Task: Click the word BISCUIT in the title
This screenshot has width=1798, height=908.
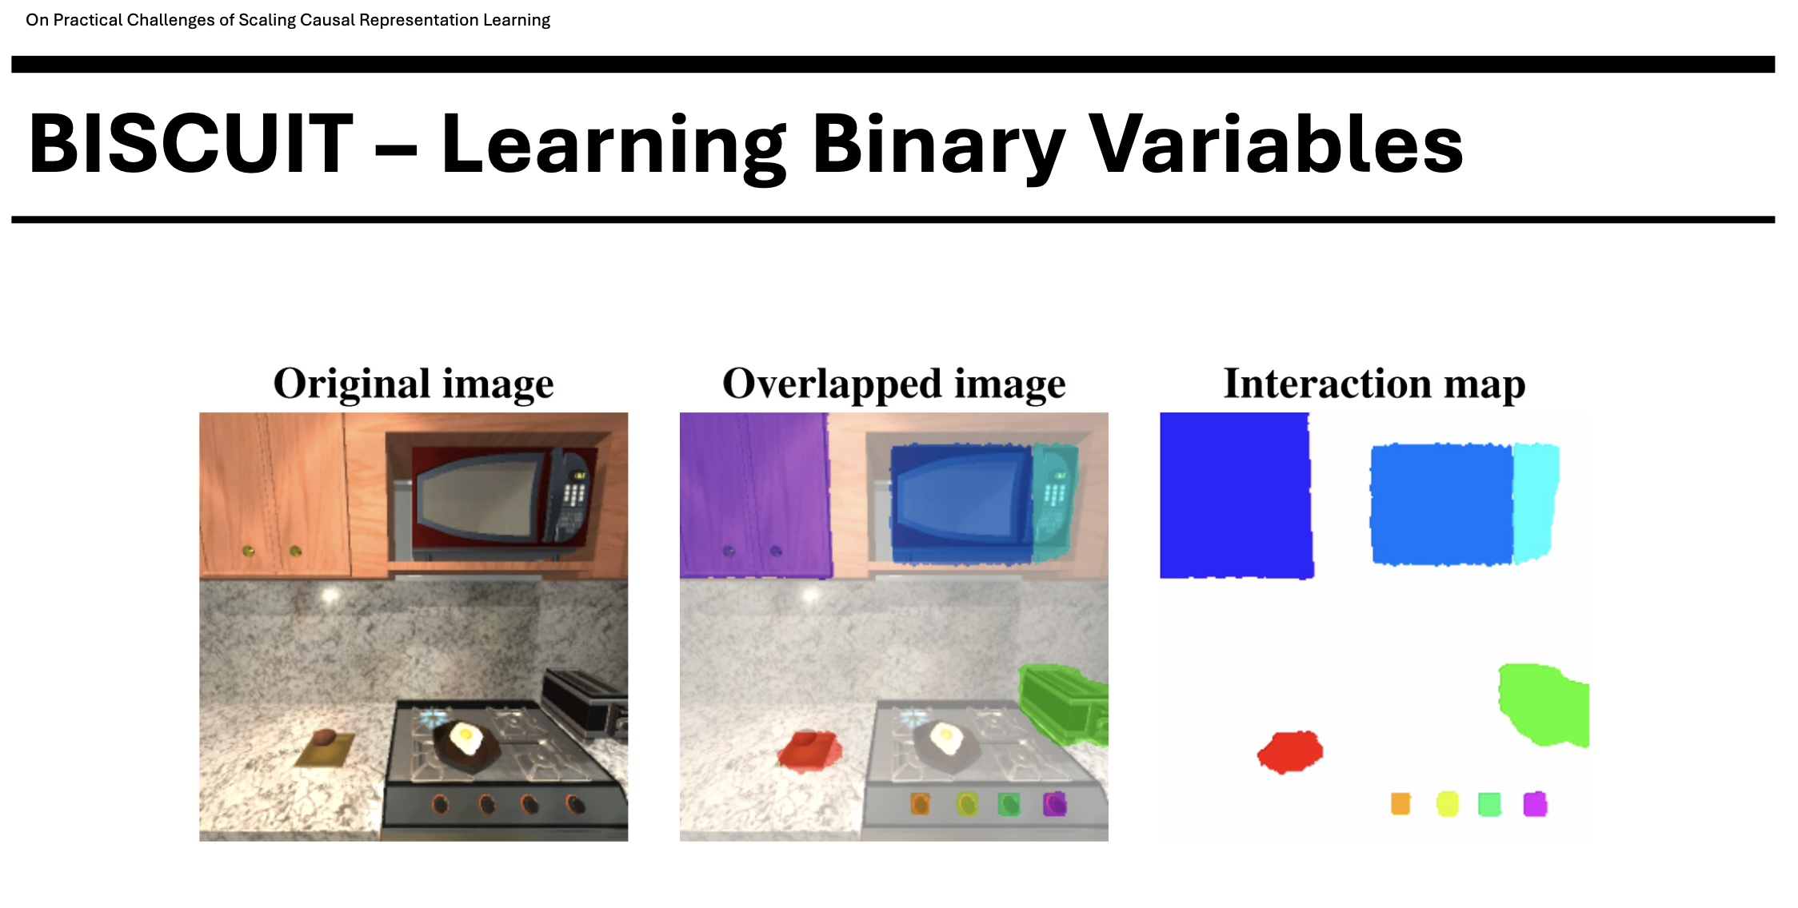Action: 191,144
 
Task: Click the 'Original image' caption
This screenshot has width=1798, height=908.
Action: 414,384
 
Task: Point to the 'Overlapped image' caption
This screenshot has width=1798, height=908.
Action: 894,384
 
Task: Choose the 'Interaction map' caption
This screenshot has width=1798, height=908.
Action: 1374,384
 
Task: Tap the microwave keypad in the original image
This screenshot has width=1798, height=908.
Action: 573,492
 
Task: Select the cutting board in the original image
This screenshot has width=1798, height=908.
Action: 323,751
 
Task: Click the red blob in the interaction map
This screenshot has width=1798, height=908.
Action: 1290,751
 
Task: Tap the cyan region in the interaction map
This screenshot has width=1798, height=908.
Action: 1535,501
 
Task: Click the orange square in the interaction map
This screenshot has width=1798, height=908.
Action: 1400,803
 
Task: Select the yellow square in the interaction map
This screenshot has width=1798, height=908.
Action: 1447,803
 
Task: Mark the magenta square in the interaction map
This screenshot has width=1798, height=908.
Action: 1535,803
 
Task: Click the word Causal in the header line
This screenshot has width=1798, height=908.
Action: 328,20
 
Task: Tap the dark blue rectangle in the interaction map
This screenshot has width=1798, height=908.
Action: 1236,495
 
